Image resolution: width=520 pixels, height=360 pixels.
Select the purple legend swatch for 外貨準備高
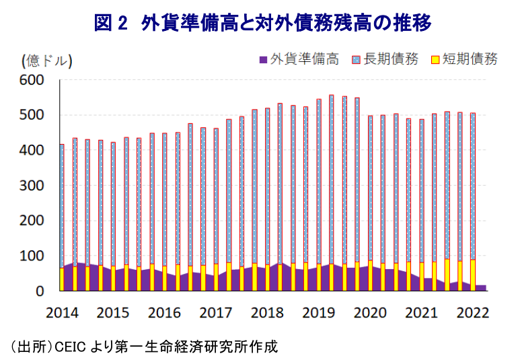tap(262, 60)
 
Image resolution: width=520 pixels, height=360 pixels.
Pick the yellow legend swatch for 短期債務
tap(435, 60)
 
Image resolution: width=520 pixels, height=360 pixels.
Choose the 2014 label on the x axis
tap(62, 313)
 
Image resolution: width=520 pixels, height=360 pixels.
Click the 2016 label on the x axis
tap(164, 313)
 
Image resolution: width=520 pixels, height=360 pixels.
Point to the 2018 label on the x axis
tap(267, 313)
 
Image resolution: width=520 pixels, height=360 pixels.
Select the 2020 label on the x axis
tap(369, 313)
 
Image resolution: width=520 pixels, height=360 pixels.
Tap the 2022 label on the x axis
tap(472, 313)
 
